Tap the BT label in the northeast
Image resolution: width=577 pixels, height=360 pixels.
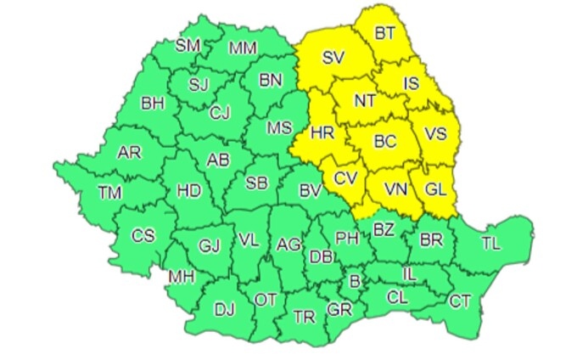[385, 34]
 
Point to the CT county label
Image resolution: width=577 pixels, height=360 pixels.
[459, 300]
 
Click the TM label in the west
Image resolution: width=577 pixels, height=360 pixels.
[109, 193]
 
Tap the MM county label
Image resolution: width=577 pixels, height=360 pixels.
[244, 48]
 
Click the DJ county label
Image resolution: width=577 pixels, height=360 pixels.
[224, 310]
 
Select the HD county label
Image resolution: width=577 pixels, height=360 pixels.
[188, 190]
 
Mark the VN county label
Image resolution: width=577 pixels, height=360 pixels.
[396, 188]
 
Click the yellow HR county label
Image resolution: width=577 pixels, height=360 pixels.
[322, 133]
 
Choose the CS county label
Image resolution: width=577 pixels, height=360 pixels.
[143, 235]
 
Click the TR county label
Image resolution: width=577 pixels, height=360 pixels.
[303, 316]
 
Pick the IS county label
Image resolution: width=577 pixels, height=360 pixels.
[411, 84]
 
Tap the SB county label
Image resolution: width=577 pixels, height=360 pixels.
[257, 183]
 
